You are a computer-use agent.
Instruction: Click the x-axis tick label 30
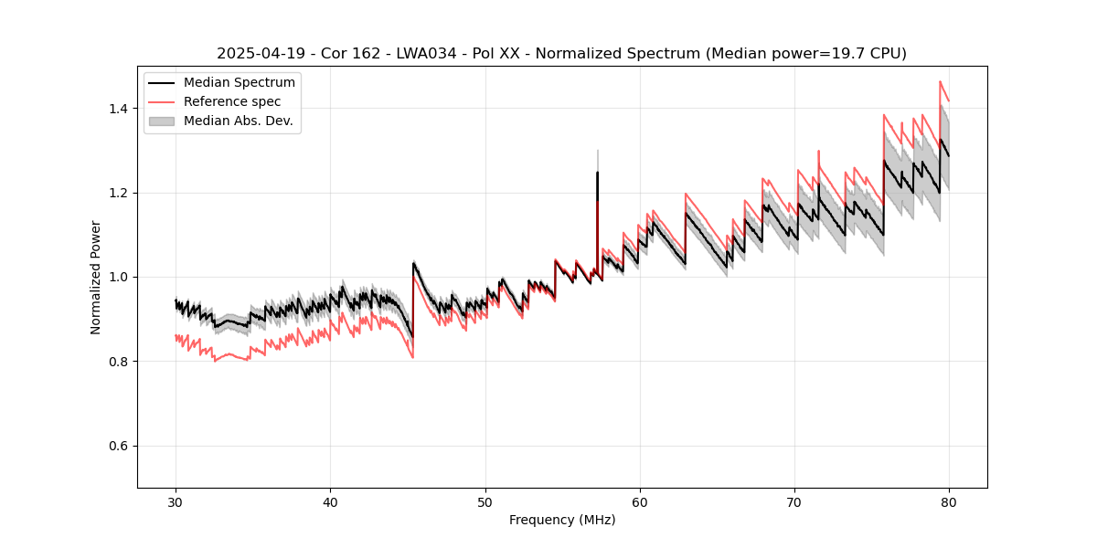pyautogui.click(x=176, y=501)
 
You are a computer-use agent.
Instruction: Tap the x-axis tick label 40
pyautogui.click(x=330, y=501)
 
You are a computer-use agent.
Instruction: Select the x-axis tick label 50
pyautogui.click(x=485, y=501)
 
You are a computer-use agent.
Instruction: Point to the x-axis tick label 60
pyautogui.click(x=640, y=501)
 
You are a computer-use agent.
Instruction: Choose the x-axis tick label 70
pyautogui.click(x=794, y=501)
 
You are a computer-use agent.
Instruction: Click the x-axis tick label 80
pyautogui.click(x=949, y=501)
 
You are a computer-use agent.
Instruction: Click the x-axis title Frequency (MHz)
pyautogui.click(x=562, y=520)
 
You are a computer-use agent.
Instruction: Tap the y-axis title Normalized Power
pyautogui.click(x=96, y=277)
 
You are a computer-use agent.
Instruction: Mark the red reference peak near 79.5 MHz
pyautogui.click(x=940, y=82)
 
